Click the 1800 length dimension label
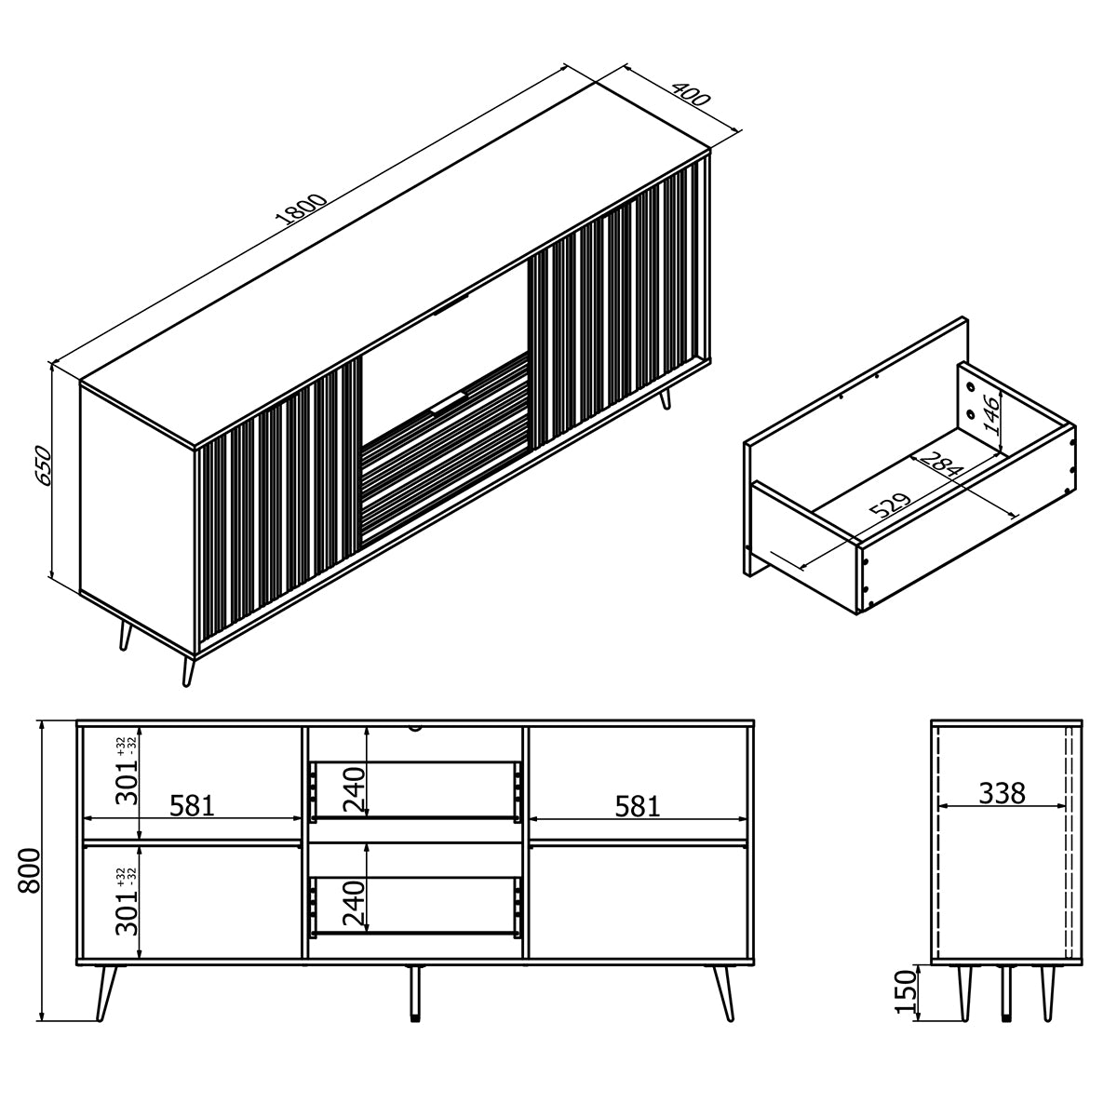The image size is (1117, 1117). pyautogui.click(x=302, y=209)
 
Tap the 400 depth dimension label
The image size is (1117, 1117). pyautogui.click(x=691, y=95)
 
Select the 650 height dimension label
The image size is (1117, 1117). pyautogui.click(x=43, y=465)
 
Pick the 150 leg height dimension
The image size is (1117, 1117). pyautogui.click(x=907, y=991)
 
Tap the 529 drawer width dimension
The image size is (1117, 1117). pyautogui.click(x=892, y=505)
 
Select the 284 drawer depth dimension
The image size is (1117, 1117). pyautogui.click(x=942, y=464)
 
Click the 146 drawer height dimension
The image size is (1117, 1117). pyautogui.click(x=991, y=415)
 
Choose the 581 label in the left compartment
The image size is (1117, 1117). pyautogui.click(x=192, y=806)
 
